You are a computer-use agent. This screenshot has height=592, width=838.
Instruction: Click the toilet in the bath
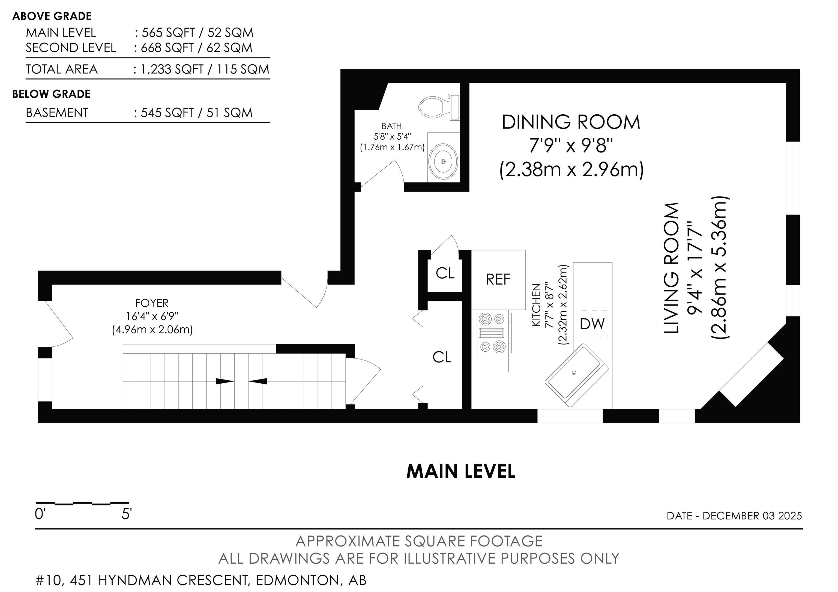pos(438,107)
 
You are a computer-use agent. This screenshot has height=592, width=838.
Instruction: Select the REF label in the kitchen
pos(498,280)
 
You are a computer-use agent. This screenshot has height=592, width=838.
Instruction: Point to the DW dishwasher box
pos(592,324)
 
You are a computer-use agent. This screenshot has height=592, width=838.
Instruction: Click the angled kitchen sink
pos(577,375)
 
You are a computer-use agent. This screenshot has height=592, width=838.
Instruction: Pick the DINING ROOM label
pos(571,122)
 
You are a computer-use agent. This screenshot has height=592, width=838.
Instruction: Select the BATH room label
pos(392,126)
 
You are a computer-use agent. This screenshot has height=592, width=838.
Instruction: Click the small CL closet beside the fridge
pos(445,273)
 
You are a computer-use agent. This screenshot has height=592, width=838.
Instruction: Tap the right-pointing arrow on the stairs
pos(225,381)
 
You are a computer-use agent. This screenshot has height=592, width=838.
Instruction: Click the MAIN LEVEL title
pos(461,471)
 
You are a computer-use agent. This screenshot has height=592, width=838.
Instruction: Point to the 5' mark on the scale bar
pos(126,515)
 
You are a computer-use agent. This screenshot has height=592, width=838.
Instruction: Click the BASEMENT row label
pos(57,113)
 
